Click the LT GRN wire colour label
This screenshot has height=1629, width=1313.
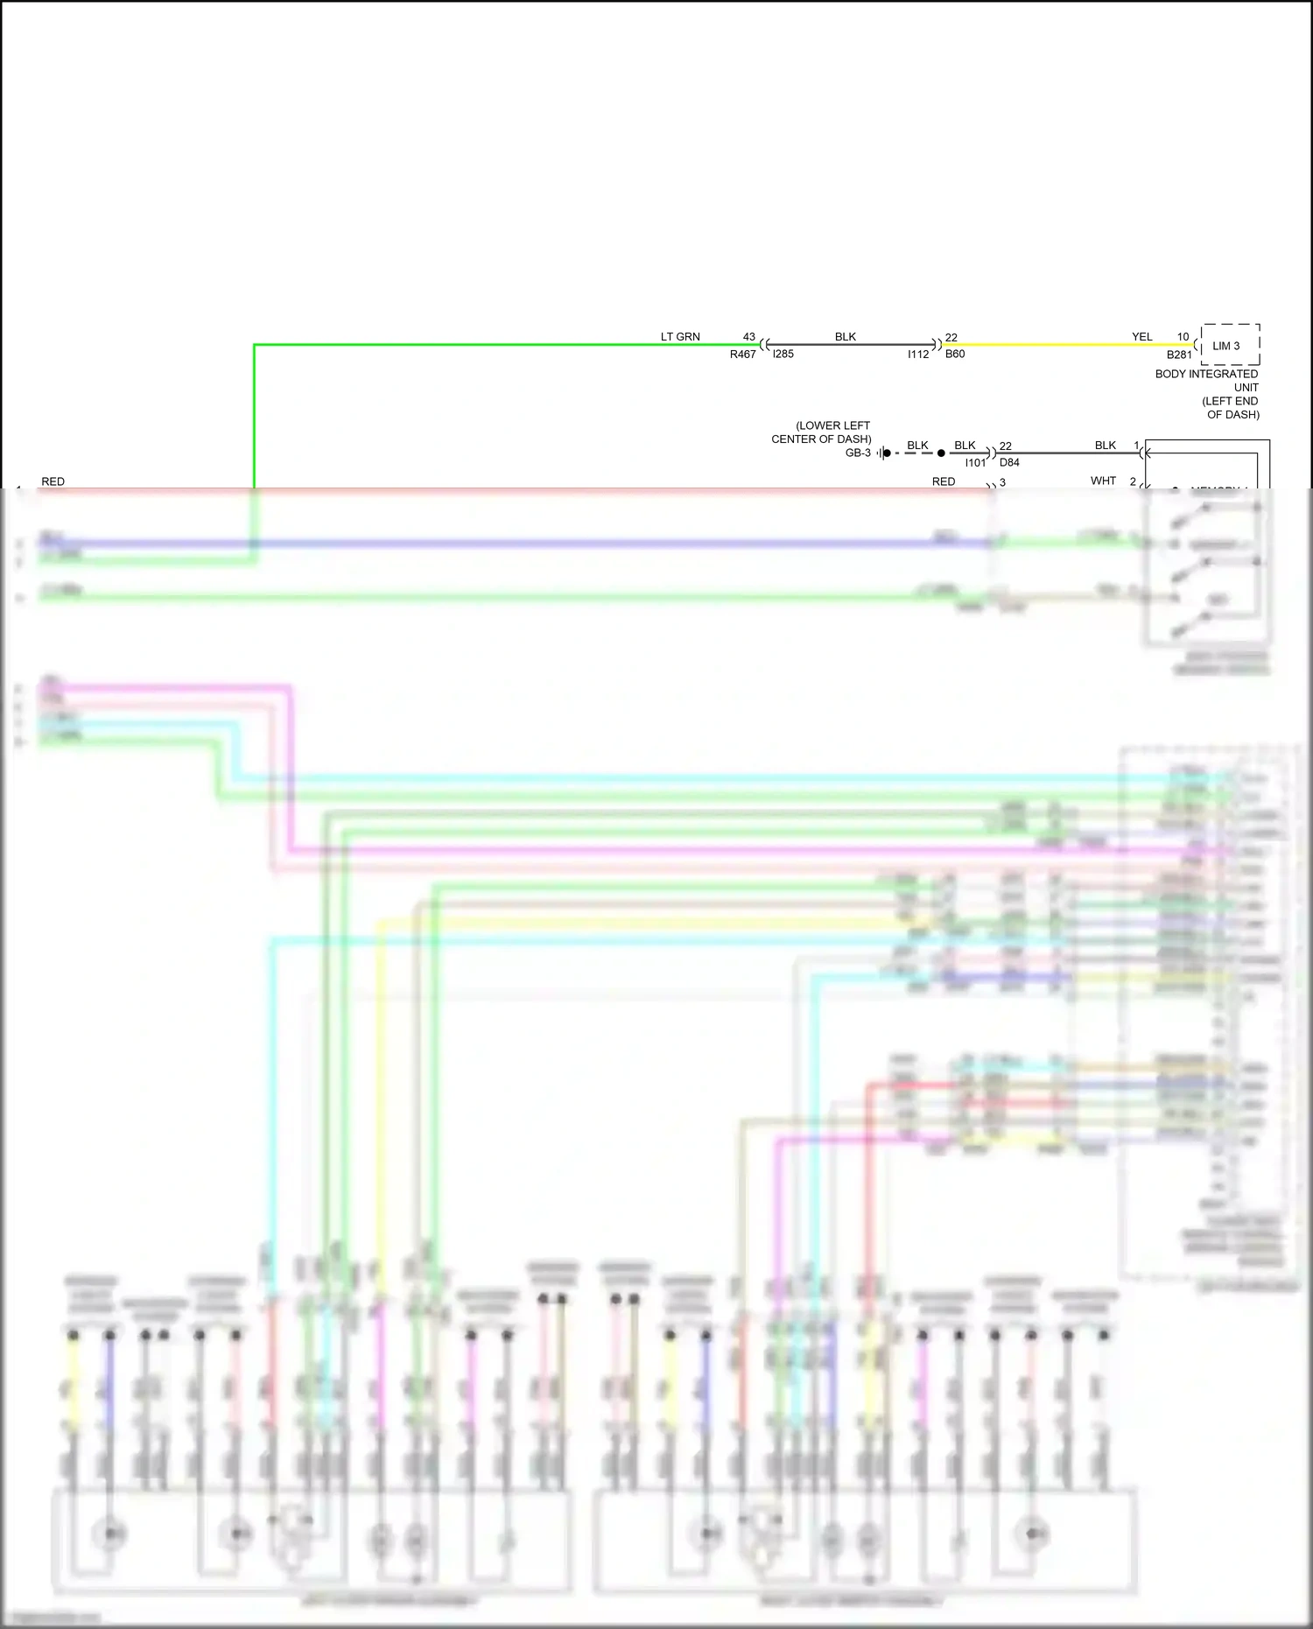(x=680, y=337)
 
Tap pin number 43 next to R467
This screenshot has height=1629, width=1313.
(x=748, y=337)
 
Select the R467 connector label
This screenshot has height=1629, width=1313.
(x=742, y=355)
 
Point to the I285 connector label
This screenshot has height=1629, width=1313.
(x=783, y=355)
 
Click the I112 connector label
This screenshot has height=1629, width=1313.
(x=918, y=355)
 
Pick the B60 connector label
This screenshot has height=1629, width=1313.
(x=955, y=355)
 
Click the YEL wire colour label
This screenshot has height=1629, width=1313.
(x=1141, y=337)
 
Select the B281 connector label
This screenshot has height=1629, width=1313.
(x=1179, y=355)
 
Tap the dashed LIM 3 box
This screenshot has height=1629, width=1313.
(x=1230, y=345)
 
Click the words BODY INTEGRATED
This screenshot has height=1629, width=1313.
(x=1206, y=374)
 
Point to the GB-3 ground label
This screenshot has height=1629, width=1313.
(x=858, y=453)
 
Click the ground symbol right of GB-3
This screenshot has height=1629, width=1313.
(x=885, y=453)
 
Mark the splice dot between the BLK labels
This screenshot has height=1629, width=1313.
(x=941, y=453)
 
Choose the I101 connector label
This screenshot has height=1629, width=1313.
(x=975, y=463)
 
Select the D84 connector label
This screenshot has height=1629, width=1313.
(x=1009, y=463)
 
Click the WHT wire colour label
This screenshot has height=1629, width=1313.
(x=1103, y=481)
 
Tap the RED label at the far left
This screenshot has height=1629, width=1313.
(x=53, y=482)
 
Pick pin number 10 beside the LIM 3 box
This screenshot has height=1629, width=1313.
(x=1183, y=337)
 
